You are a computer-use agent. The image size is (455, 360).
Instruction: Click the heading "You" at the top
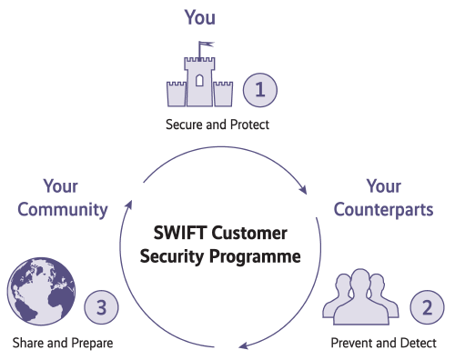[200, 16]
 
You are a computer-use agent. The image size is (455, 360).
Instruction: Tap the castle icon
[199, 83]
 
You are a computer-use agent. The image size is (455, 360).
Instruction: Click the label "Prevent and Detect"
[383, 343]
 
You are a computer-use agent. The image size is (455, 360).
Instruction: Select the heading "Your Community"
[64, 197]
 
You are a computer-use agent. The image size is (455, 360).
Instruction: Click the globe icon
[39, 293]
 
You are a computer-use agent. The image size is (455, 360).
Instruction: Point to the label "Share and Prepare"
[64, 343]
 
